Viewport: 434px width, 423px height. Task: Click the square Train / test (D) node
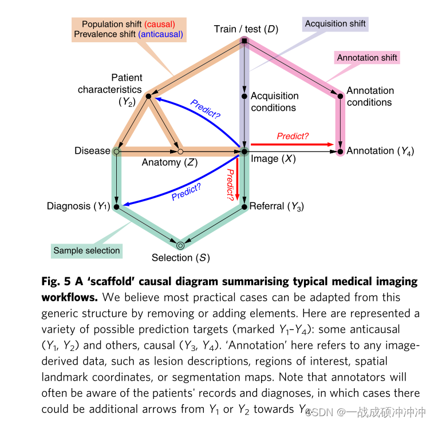point(244,41)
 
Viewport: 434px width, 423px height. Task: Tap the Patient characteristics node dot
point(148,97)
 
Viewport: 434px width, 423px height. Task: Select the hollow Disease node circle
point(117,151)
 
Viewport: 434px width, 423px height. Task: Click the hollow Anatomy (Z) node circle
point(180,151)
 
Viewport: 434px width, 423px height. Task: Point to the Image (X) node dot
point(244,151)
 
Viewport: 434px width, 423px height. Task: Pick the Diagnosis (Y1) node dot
point(117,207)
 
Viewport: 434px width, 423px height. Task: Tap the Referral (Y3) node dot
point(244,207)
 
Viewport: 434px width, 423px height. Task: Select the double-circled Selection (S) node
point(180,245)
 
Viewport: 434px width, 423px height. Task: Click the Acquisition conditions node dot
point(244,97)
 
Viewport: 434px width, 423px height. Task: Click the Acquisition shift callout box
point(335,24)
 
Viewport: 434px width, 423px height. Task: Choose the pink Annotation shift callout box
point(367,58)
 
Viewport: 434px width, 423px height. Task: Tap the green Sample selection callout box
point(86,250)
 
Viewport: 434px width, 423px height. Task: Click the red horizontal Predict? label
point(293,136)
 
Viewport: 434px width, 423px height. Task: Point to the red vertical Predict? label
point(230,184)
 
